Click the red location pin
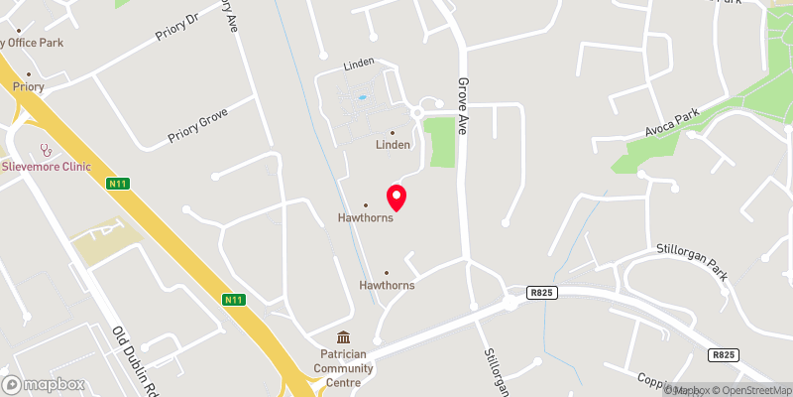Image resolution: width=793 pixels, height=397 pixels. tap(396, 197)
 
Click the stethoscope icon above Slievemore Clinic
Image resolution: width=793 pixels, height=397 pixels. tap(45, 150)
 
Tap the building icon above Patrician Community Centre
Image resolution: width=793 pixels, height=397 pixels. tap(343, 338)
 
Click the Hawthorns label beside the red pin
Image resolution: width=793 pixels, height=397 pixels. tap(366, 218)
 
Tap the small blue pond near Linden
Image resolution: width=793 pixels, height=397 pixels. tap(361, 98)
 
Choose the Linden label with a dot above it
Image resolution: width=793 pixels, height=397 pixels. tap(393, 144)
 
